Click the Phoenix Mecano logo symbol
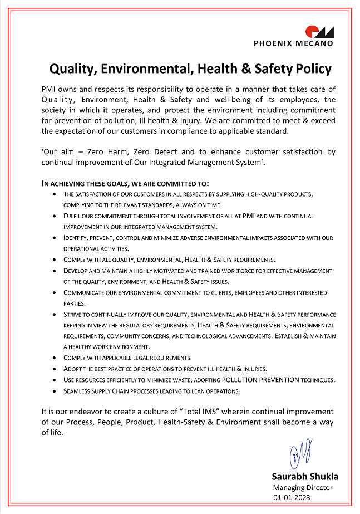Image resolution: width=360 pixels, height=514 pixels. pos(319,32)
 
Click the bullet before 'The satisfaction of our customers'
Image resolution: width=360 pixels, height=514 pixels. pos(53,194)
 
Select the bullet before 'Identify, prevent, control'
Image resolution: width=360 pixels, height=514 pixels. pos(53,238)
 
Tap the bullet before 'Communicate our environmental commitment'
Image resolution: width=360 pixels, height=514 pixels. pos(53,292)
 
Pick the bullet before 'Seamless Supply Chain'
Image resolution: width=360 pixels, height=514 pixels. pos(53,391)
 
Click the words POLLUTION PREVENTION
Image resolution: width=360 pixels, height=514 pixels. pos(261,380)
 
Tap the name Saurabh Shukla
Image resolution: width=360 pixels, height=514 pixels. pos(304,477)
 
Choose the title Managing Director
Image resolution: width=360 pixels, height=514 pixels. pos(303,488)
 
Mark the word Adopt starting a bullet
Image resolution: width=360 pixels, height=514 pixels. pos(73,369)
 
